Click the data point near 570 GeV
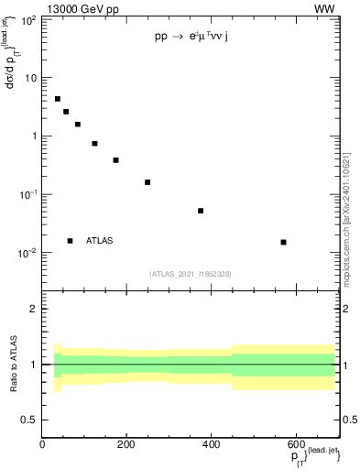coord(283,242)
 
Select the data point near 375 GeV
coord(201,211)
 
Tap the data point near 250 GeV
coord(147,182)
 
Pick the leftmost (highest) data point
coord(58,99)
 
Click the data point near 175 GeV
coord(116,160)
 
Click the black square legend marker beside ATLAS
coord(71,241)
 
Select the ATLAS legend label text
coord(100,241)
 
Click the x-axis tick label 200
coord(127,444)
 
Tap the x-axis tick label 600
coord(294,444)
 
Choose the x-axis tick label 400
coord(211,444)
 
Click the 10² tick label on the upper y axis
coord(28,19)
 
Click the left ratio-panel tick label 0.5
coord(29,420)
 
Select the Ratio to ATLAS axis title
coord(14,364)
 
